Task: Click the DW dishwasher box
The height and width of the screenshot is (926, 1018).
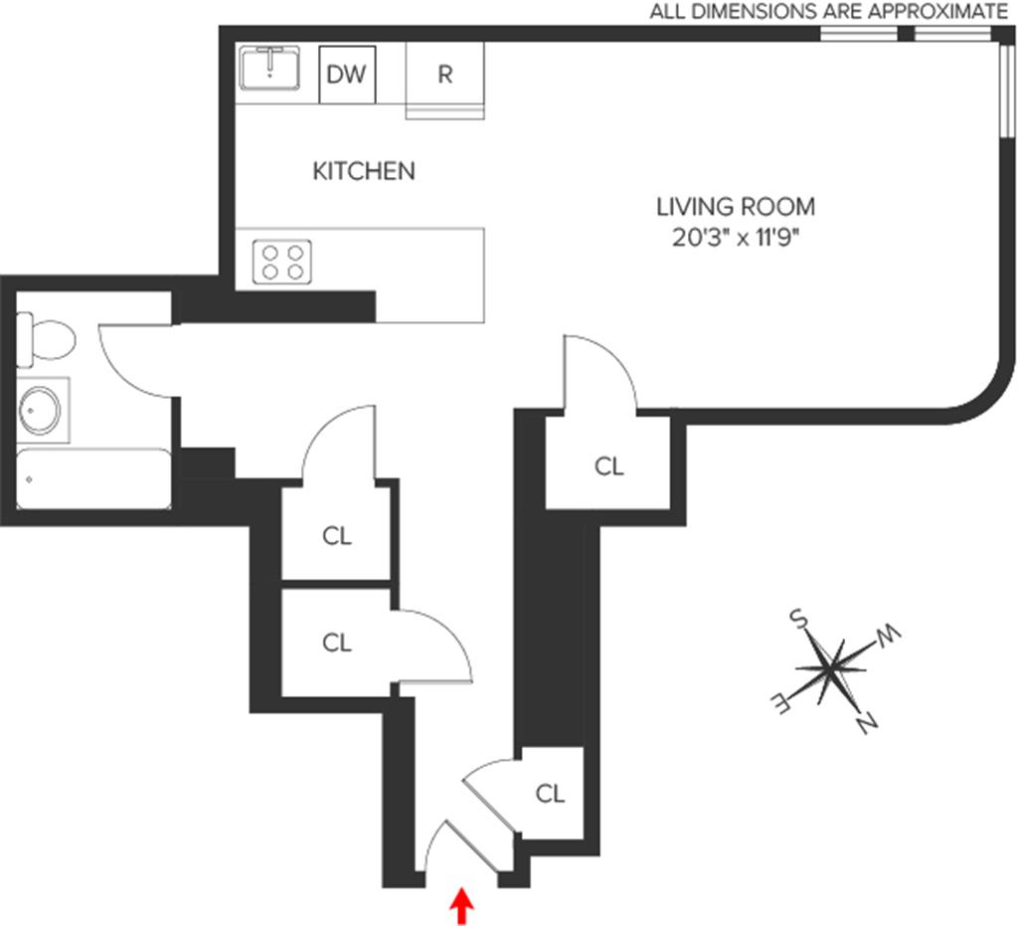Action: [346, 75]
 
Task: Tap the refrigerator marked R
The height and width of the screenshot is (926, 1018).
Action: [444, 75]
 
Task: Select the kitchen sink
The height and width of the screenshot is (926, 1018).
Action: [269, 68]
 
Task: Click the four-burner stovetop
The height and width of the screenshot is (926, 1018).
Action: [281, 262]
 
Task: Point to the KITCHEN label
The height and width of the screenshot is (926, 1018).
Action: [363, 171]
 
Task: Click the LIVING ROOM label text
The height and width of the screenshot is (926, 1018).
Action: [735, 207]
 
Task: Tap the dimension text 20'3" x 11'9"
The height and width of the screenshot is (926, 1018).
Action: [735, 238]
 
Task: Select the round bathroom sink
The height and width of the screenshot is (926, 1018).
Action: [40, 410]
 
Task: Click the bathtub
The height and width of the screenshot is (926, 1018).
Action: [94, 478]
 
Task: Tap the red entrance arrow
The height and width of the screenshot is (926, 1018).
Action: [460, 906]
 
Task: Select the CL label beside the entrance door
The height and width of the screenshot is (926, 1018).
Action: [550, 794]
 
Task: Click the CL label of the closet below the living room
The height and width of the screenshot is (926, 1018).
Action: [608, 465]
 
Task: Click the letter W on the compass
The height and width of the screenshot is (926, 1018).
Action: [888, 634]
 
